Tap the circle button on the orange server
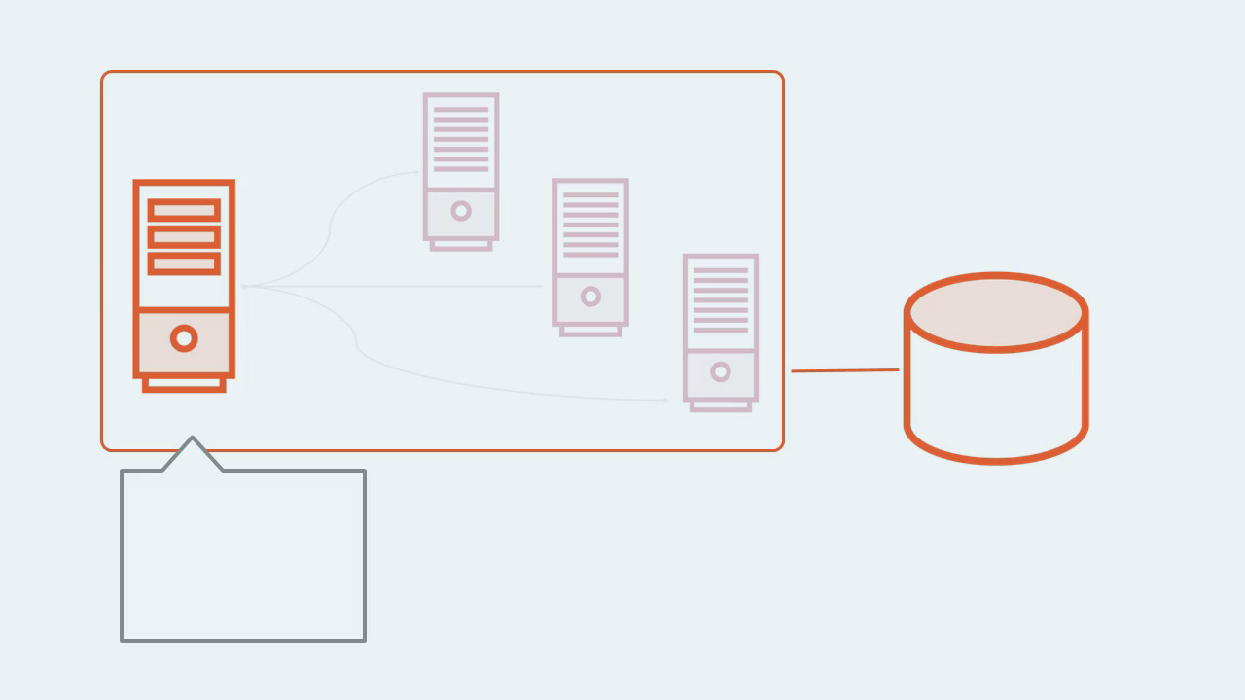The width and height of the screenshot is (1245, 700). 184,338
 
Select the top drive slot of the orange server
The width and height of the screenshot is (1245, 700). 184,210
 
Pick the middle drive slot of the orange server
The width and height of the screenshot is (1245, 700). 184,236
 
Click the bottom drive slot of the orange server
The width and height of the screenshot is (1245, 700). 184,262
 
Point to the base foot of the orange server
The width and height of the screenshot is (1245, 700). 184,385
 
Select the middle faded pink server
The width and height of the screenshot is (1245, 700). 590,253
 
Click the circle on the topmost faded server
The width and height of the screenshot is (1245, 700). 461,211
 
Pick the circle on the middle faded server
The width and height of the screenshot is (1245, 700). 590,297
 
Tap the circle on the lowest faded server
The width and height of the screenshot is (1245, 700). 721,371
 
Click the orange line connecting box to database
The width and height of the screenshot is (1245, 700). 844,370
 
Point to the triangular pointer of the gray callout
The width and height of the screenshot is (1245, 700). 193,453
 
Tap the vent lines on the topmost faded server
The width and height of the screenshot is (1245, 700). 461,139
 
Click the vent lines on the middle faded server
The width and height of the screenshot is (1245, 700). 590,225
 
